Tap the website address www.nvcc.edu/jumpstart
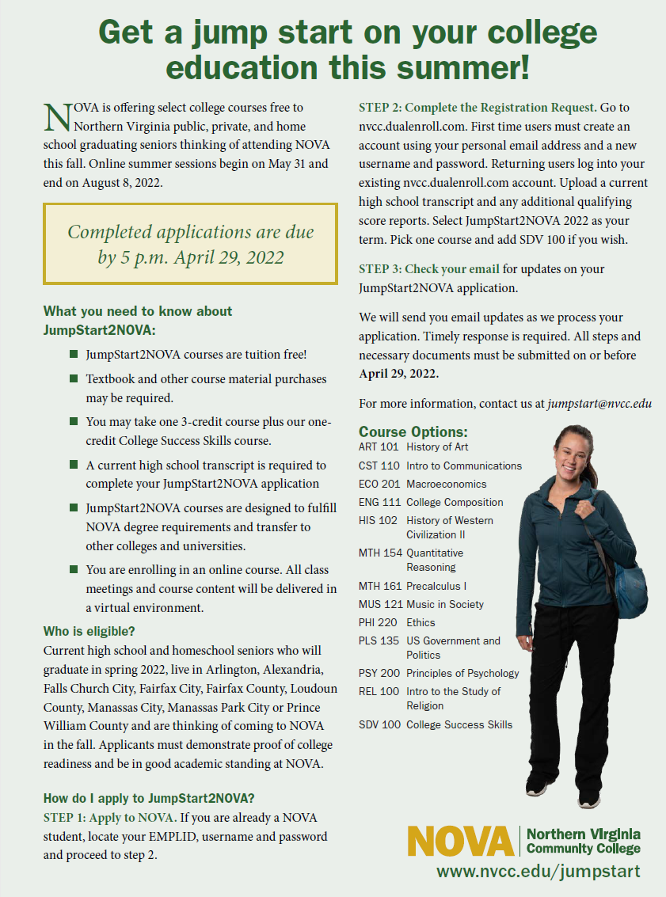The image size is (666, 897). [539, 872]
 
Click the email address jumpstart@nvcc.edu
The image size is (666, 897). [599, 404]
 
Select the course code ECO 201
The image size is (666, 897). [379, 484]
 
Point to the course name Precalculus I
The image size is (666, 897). [436, 586]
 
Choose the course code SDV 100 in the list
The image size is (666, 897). [379, 724]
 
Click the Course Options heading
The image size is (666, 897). [413, 432]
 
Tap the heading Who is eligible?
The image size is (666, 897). [89, 632]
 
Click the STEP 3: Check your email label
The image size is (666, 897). [428, 269]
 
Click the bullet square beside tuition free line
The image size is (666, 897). [74, 355]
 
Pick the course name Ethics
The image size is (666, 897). [421, 622]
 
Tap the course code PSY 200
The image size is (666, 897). [379, 673]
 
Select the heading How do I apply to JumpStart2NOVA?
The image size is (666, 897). [148, 797]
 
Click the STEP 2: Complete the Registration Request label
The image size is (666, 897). [478, 107]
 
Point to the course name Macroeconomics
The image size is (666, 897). [447, 484]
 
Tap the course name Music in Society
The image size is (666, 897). [445, 604]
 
